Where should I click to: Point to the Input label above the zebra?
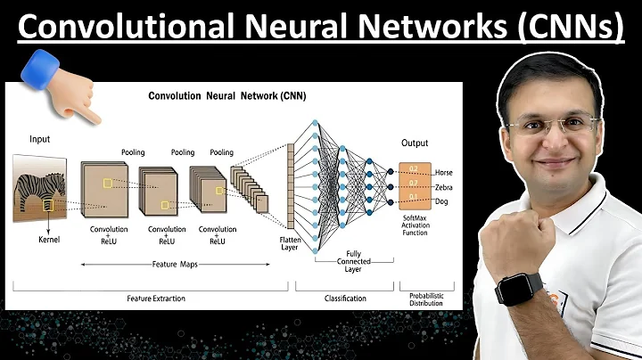[x=40, y=139]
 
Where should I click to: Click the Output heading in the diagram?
[x=415, y=143]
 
